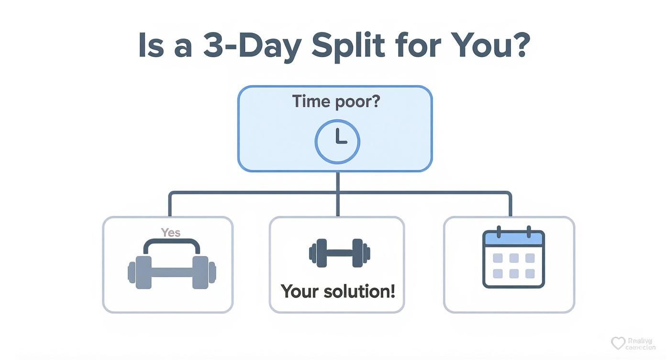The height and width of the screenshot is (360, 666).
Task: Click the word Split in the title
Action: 348,46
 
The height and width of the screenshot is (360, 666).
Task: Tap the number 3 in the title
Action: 214,46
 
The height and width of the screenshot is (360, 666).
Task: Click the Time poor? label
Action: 335,101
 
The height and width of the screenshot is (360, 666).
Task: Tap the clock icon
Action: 337,142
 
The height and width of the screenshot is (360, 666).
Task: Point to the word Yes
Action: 170,233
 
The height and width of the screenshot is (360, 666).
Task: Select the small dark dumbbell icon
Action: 339,252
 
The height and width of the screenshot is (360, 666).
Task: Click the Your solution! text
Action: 337,291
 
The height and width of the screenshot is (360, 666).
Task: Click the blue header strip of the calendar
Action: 513,238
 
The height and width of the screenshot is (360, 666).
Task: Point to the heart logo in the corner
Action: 618,343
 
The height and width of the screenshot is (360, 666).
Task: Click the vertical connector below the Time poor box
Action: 338,182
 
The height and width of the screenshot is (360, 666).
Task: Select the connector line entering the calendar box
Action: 510,206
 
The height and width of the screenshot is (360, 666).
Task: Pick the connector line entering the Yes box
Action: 169,206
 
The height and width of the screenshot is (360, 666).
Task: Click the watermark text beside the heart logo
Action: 640,343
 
